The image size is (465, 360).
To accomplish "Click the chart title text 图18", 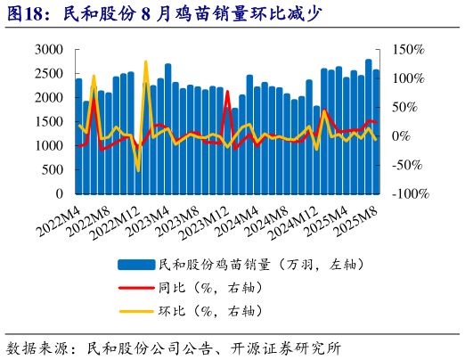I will [x=27, y=13].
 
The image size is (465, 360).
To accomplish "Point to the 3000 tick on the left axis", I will [x=48, y=49].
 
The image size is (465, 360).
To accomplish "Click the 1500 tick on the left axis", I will [x=48, y=121].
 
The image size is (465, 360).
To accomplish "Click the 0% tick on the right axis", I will [x=402, y=135].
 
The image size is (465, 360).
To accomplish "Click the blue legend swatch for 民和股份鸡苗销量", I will [x=135, y=265].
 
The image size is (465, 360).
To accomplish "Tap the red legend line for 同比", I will [x=135, y=288].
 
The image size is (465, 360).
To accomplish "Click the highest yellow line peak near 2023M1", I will [x=145, y=62].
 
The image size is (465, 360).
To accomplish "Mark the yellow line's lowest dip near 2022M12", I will [x=138, y=170].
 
